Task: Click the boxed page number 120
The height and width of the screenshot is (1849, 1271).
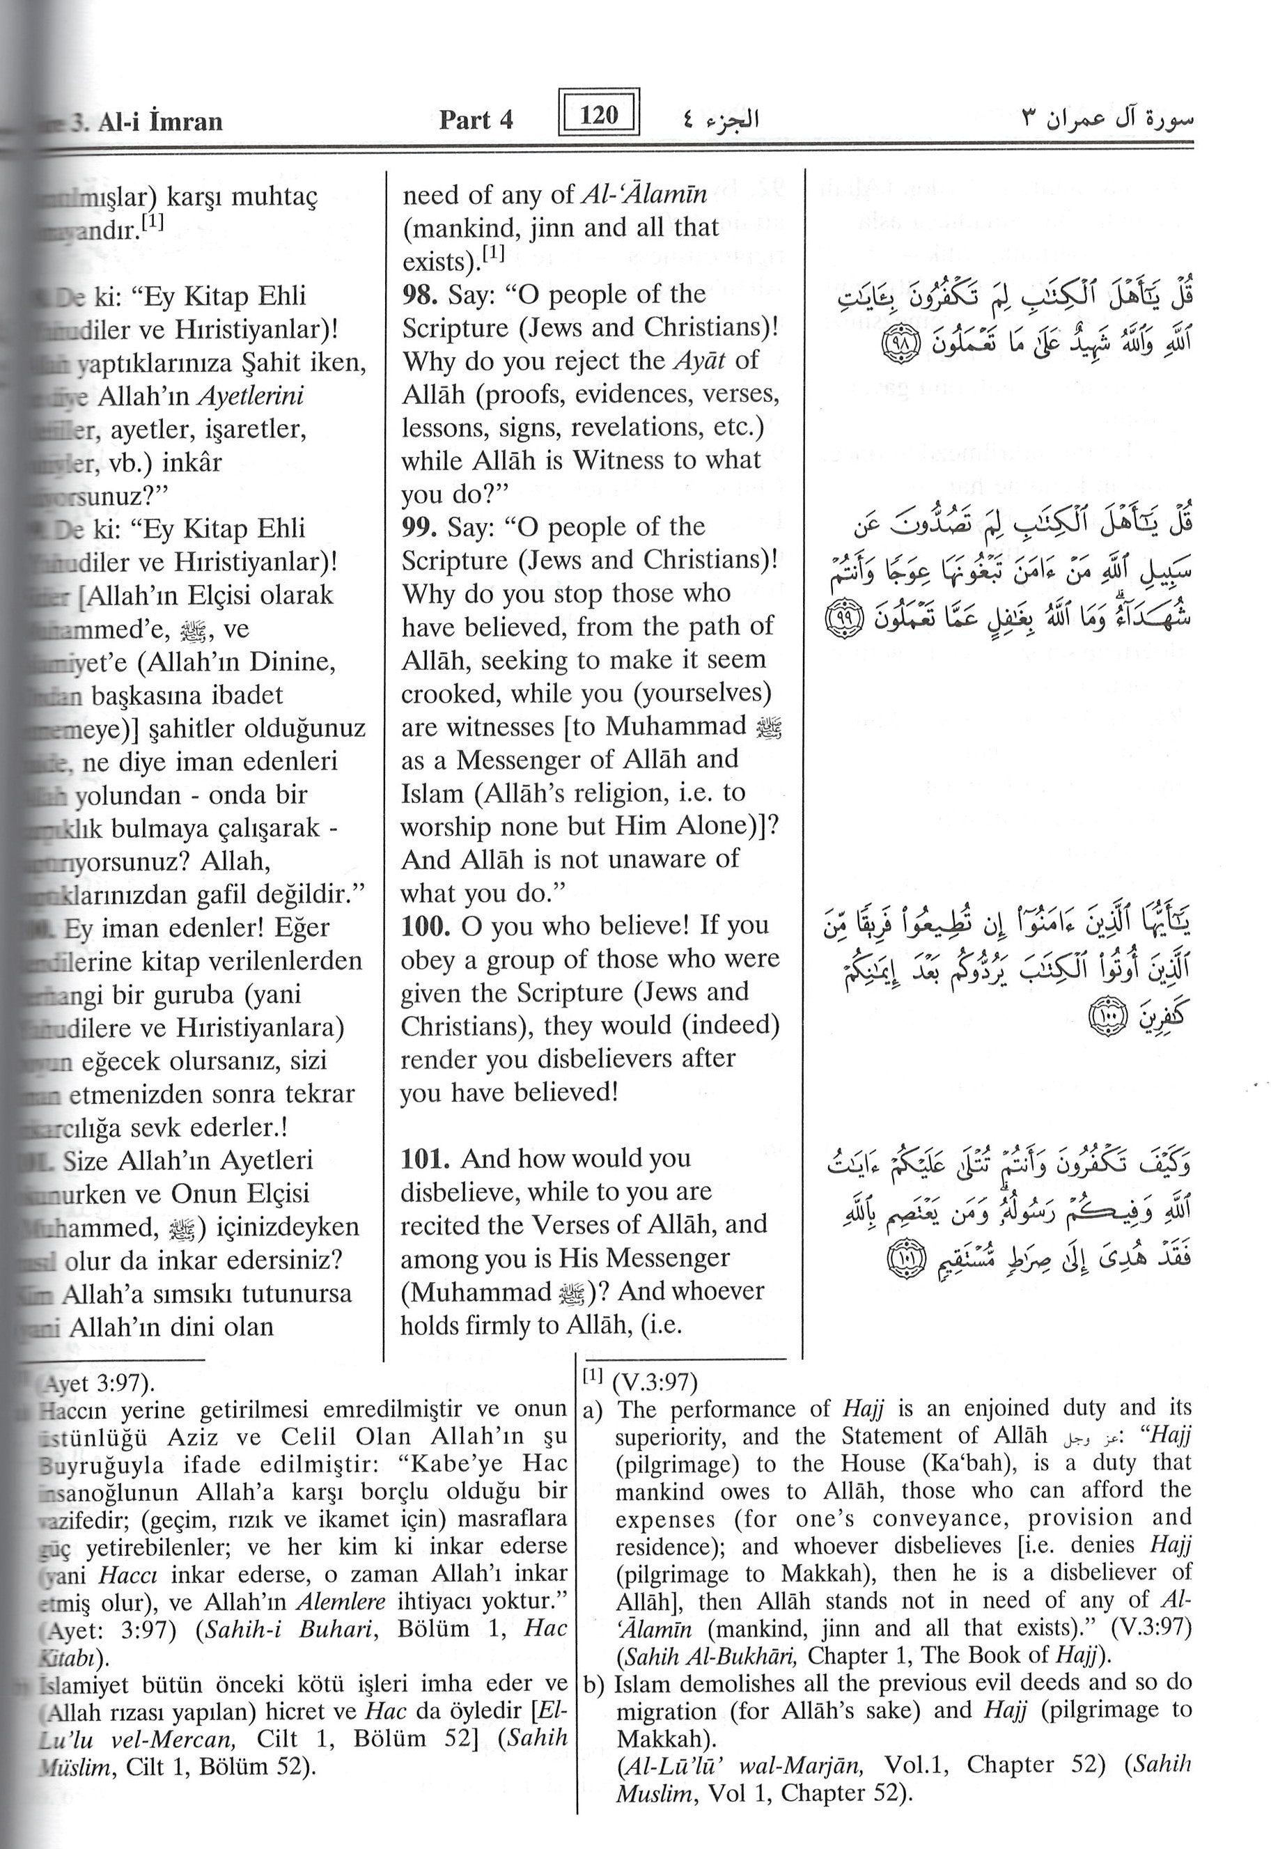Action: click(599, 116)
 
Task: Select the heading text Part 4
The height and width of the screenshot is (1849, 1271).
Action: click(476, 120)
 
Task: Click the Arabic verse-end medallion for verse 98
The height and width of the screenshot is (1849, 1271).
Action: click(900, 344)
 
